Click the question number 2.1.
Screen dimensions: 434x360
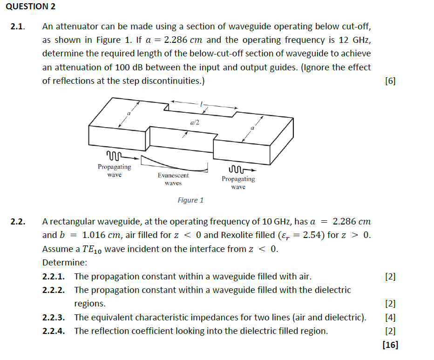coord(18,27)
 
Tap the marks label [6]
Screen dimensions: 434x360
coord(390,81)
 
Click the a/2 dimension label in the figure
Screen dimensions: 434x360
coord(195,122)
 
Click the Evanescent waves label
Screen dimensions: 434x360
coord(173,179)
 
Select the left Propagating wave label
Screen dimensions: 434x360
coord(114,170)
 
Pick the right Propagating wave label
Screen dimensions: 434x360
coord(238,183)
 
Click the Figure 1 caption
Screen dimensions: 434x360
coord(190,200)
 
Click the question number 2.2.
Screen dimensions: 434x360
coord(18,222)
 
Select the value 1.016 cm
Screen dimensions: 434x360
coord(99,235)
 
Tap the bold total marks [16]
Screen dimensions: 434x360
coord(389,345)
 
